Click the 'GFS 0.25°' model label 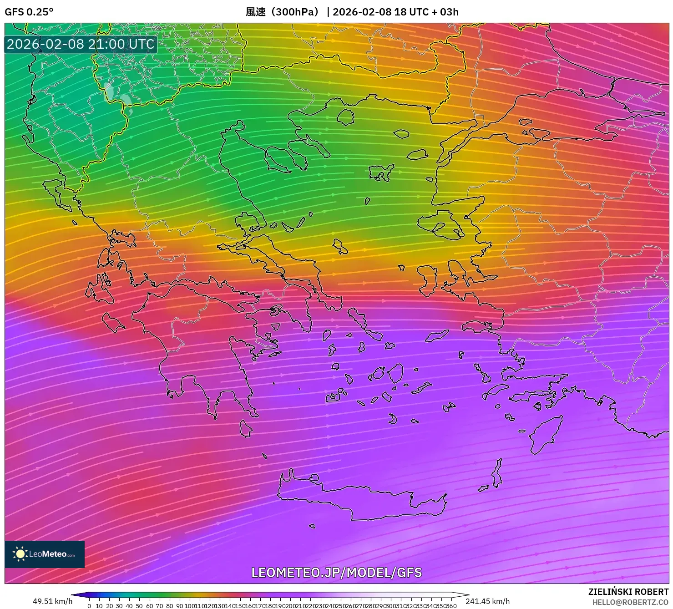tap(29, 12)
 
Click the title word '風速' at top tap(255, 12)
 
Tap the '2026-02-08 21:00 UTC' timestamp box tap(81, 44)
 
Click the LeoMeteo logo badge tap(45, 554)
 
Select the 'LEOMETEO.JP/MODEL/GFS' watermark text tap(336, 572)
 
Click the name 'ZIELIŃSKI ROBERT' tap(628, 592)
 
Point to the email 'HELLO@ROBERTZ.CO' tap(630, 602)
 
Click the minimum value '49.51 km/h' tap(52, 601)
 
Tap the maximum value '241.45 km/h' tap(487, 601)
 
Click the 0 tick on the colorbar tap(89, 606)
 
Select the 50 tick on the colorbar tap(139, 606)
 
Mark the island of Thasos tap(345, 117)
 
